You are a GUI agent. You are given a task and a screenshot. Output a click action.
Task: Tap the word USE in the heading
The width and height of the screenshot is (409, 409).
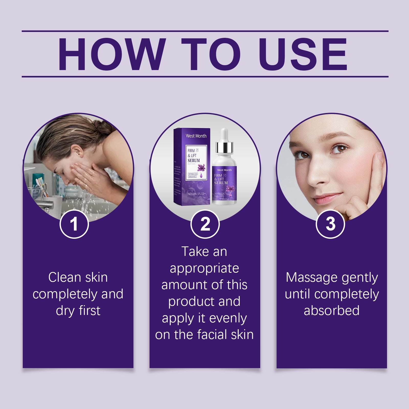coord(303,54)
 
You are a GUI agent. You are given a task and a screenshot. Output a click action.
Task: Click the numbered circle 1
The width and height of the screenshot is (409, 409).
coord(74,224)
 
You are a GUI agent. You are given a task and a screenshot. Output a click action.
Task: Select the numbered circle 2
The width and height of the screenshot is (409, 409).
coord(205,224)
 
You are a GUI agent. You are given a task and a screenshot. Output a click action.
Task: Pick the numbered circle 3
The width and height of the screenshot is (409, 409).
coord(331,224)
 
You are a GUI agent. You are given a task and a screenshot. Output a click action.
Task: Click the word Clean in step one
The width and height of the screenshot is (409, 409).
coord(64,277)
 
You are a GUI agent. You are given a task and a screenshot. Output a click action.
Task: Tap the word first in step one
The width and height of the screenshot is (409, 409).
coord(89,311)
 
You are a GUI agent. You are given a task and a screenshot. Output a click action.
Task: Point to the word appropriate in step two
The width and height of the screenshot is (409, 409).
coord(204,268)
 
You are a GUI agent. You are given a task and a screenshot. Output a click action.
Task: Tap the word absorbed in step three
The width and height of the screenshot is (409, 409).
coord(332,311)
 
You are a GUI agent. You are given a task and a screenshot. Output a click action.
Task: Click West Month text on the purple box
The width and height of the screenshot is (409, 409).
coord(196,136)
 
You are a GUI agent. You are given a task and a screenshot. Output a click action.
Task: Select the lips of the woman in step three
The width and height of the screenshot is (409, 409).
coord(326,198)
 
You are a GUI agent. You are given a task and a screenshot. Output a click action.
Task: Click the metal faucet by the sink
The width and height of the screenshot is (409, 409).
coord(46,204)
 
